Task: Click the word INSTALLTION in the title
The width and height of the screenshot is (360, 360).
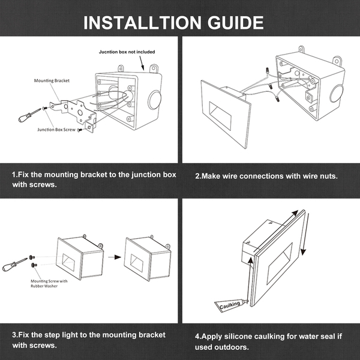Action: tap(142, 23)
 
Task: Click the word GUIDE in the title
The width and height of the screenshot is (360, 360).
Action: tap(233, 23)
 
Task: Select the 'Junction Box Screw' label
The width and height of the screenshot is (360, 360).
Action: tap(56, 130)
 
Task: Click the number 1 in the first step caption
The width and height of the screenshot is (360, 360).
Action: tap(14, 174)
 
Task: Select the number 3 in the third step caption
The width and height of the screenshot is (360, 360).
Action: tap(14, 335)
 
